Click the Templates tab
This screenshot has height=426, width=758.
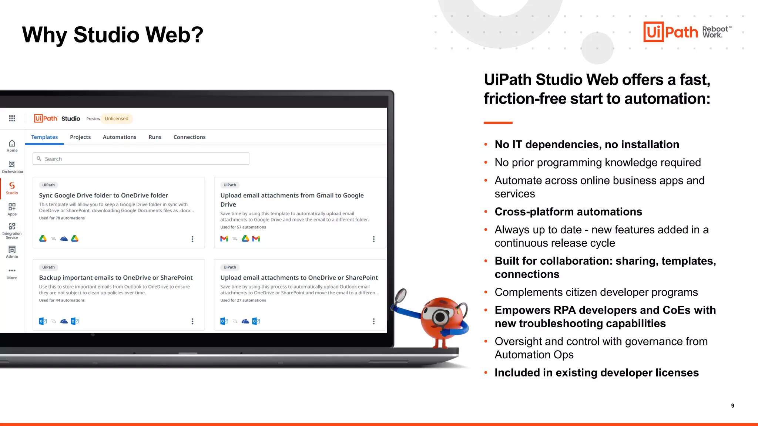point(44,137)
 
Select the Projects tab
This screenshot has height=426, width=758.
point(80,137)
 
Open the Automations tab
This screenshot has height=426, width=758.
point(120,137)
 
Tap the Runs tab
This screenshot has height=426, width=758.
point(155,137)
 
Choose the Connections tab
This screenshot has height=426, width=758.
point(189,137)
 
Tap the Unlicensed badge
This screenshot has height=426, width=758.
point(117,119)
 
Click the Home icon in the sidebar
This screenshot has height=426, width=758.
point(12,143)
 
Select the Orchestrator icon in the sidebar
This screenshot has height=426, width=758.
point(12,165)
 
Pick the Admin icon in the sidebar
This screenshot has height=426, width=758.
point(12,250)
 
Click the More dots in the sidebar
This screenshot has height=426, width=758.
point(12,271)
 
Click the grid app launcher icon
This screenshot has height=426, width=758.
point(12,118)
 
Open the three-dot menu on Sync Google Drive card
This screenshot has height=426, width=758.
point(192,239)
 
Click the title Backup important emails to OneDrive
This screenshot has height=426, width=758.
point(116,278)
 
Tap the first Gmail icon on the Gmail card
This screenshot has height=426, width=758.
point(224,239)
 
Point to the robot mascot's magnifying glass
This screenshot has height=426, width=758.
point(401,295)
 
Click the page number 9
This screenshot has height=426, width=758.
point(732,406)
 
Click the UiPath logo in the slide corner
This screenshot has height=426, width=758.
point(671,32)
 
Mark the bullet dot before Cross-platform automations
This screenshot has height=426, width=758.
point(486,212)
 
